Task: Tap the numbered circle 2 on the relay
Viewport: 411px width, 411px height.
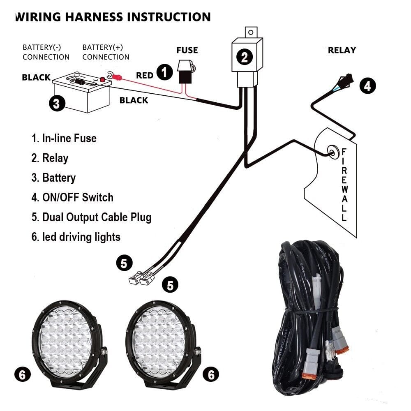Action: click(x=245, y=57)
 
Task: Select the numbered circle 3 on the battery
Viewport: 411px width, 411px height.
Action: click(x=57, y=103)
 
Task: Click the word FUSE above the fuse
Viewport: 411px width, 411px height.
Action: click(x=187, y=51)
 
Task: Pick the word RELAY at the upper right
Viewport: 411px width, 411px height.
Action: click(x=342, y=50)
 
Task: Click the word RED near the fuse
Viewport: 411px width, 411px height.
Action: click(x=145, y=75)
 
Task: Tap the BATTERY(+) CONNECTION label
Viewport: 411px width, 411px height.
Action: click(x=106, y=52)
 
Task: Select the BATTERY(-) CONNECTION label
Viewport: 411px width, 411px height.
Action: click(x=46, y=52)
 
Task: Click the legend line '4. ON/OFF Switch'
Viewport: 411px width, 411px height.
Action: click(x=72, y=197)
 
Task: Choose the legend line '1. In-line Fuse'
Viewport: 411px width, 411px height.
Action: click(x=64, y=138)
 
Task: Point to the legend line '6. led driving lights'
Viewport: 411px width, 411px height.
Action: click(x=76, y=237)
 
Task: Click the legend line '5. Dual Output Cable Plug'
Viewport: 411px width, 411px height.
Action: click(x=92, y=217)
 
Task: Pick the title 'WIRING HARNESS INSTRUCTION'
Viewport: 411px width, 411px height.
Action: click(x=113, y=17)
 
